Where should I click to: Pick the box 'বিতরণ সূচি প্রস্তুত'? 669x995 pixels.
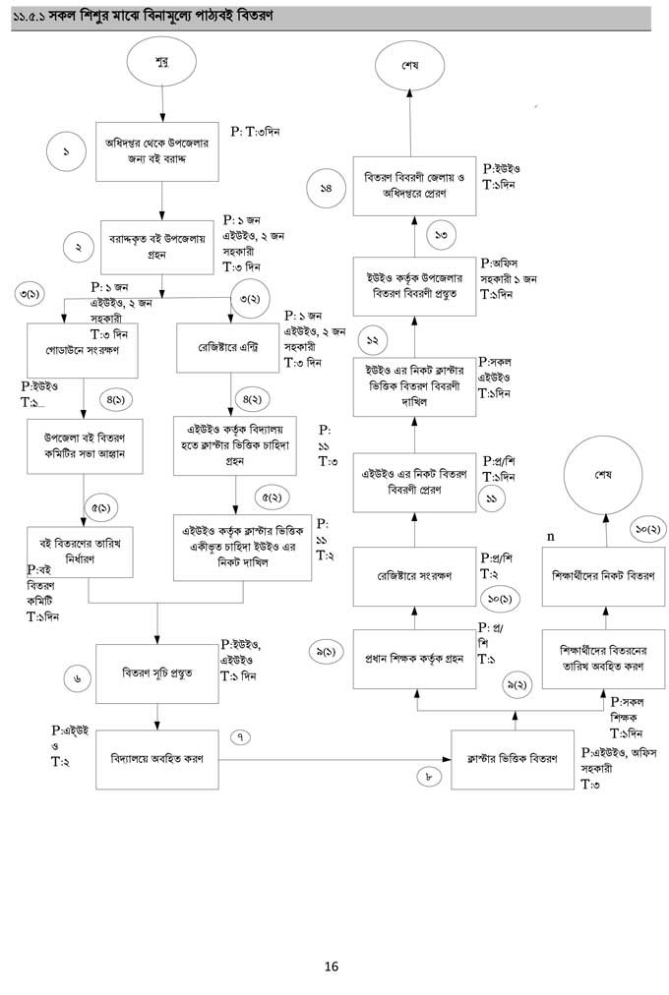click(x=156, y=673)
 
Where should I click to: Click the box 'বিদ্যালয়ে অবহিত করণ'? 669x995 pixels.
click(x=156, y=759)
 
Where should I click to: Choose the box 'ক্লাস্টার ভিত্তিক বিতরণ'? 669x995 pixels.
click(x=513, y=759)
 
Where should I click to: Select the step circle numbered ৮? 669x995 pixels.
click(x=430, y=777)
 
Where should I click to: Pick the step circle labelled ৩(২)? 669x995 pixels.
click(x=248, y=298)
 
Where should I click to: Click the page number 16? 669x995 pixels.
click(x=332, y=966)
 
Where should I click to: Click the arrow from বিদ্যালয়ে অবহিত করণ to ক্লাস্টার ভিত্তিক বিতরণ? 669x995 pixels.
click(x=334, y=759)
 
